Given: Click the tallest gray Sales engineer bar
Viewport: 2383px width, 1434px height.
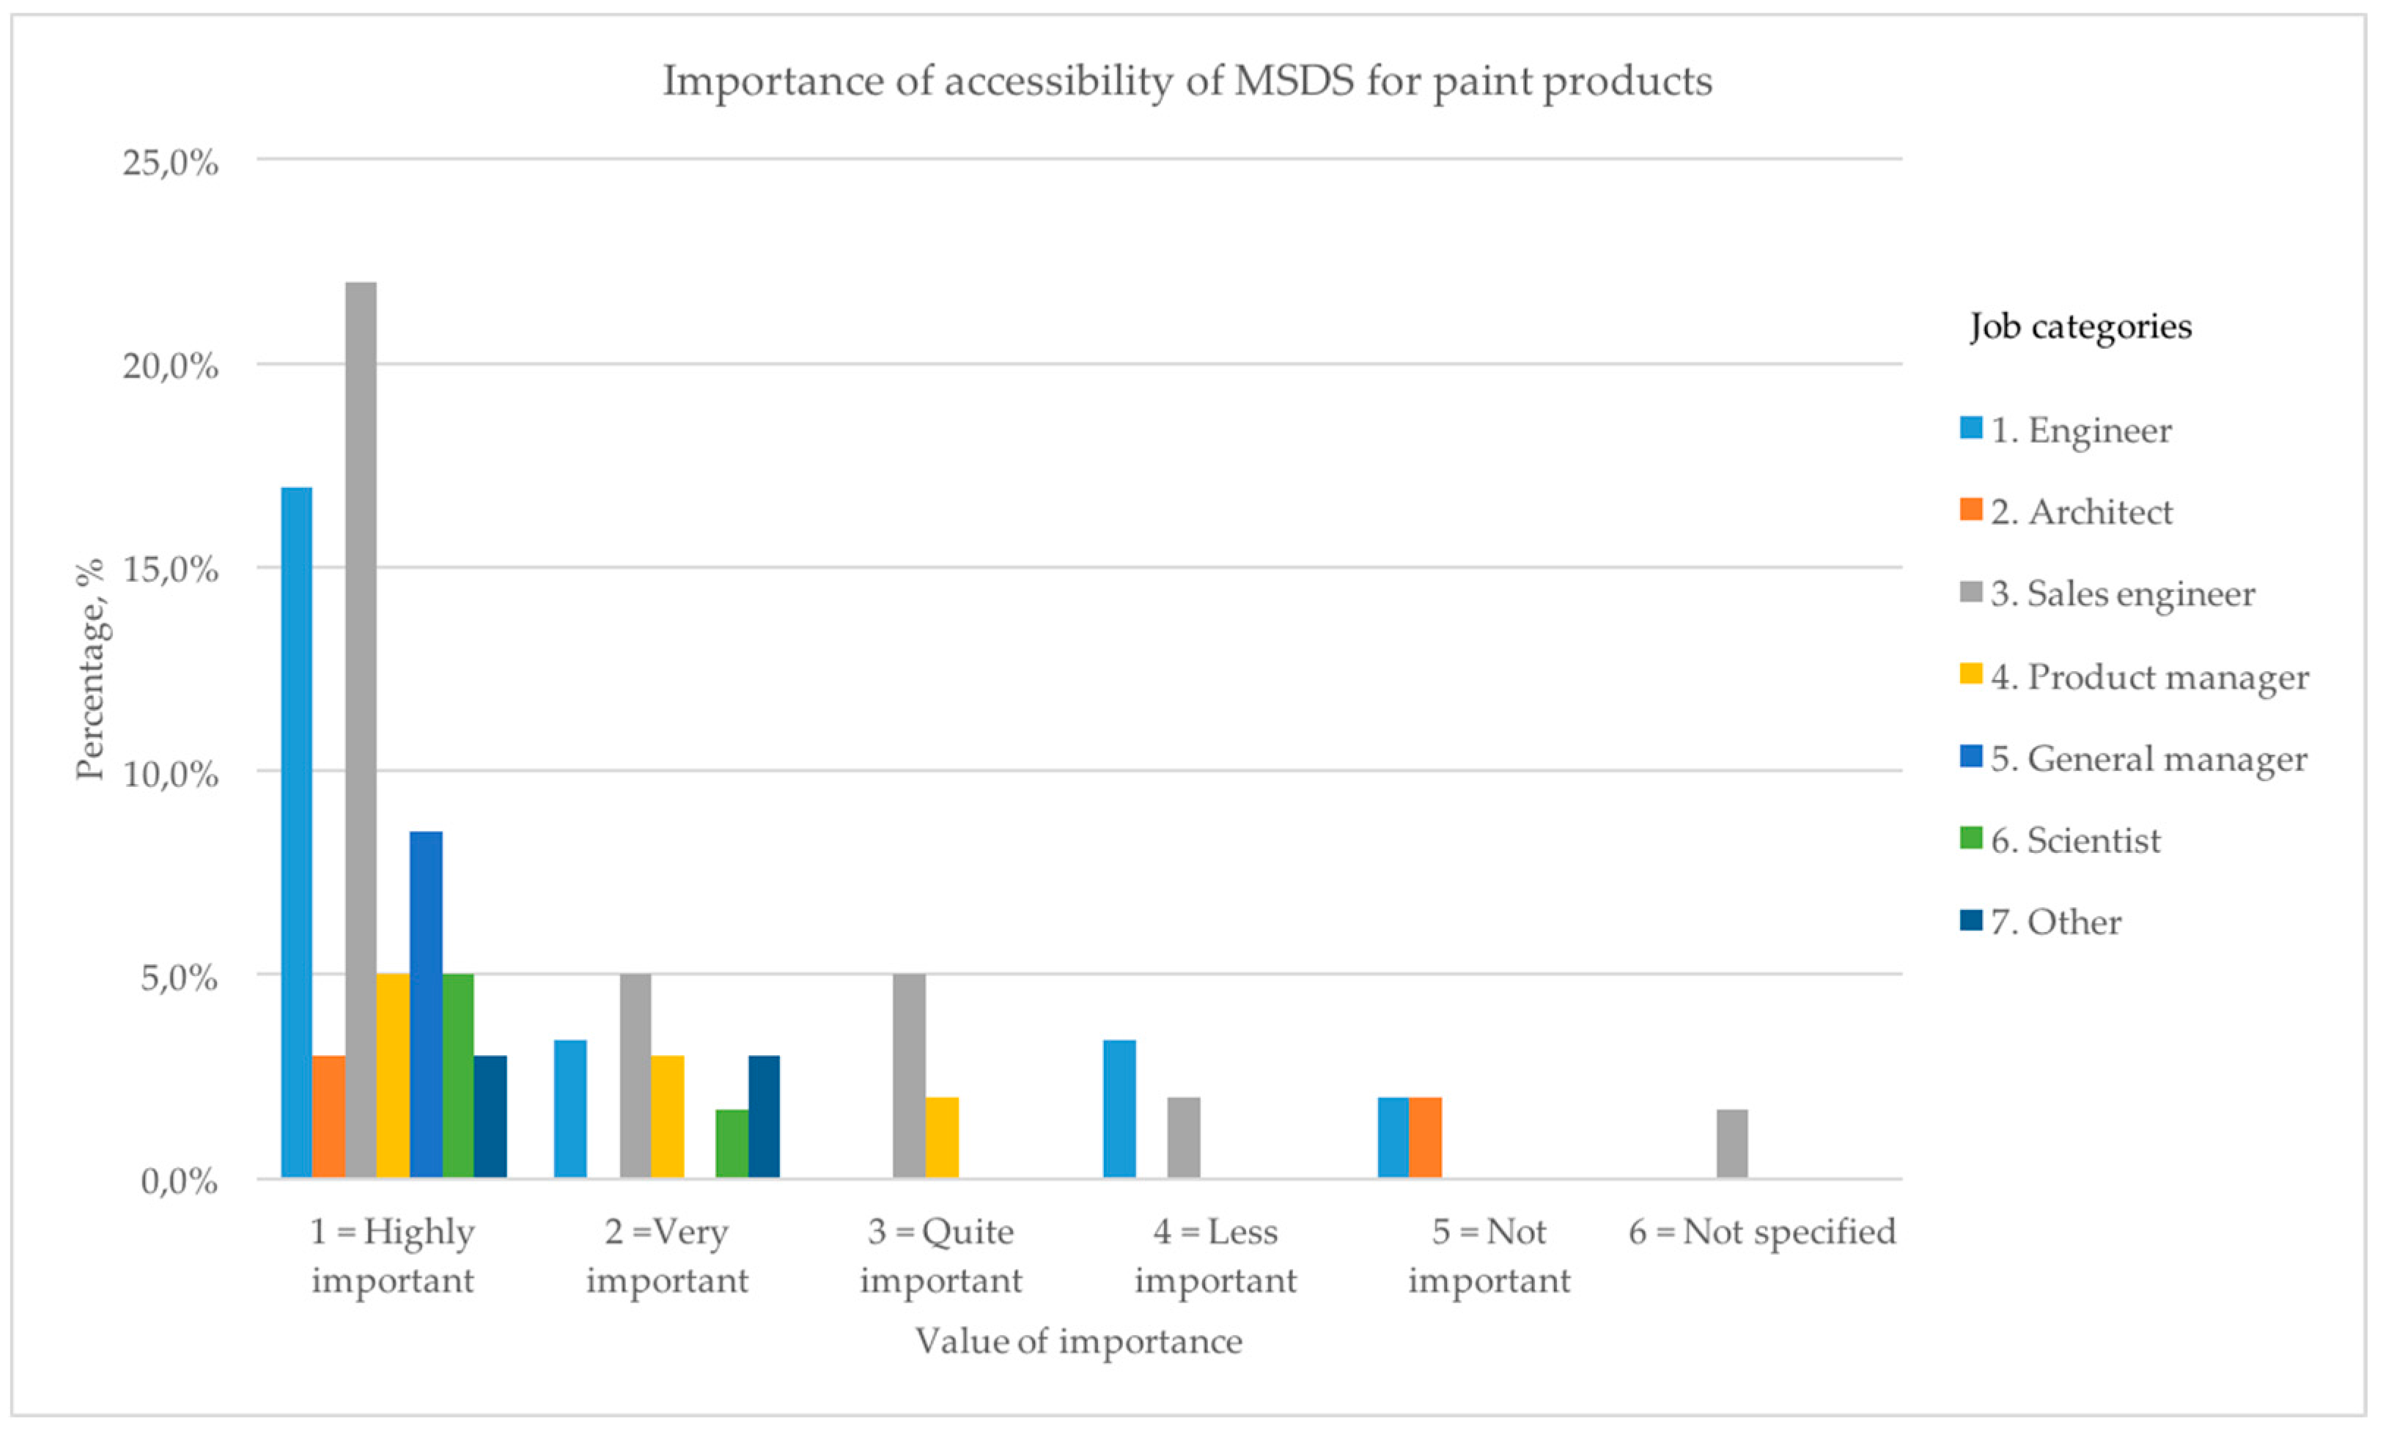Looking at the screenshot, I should coord(361,730).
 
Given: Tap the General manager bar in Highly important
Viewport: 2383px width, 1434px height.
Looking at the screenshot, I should coord(426,1004).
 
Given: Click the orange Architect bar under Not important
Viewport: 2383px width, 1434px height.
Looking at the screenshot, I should coord(1426,1137).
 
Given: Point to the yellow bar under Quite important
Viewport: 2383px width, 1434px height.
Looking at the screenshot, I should coord(942,1137).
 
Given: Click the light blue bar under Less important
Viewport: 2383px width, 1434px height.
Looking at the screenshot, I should coord(1119,1109).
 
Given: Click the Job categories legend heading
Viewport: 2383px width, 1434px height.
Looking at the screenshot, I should coord(2080,327).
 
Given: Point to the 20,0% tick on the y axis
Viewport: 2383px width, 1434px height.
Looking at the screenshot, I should coord(170,366).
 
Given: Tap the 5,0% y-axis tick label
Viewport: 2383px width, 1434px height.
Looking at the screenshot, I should coord(179,977).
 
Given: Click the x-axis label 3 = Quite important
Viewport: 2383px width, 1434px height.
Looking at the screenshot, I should coord(940,1255).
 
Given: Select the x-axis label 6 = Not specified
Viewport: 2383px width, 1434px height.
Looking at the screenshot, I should coord(1761,1232).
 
